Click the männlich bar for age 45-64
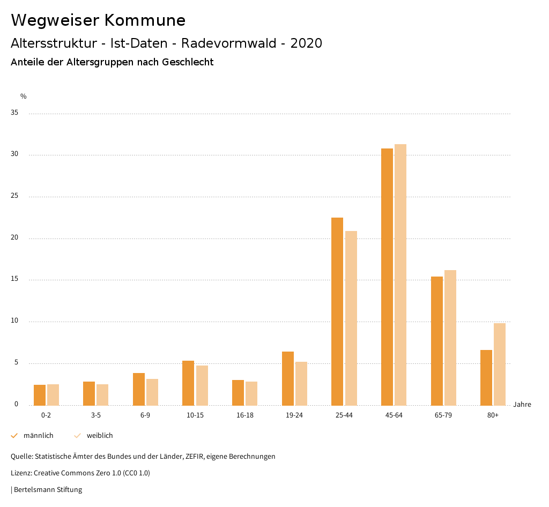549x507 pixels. coord(387,277)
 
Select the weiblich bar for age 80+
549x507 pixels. coord(500,364)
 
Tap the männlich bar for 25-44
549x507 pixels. coord(337,311)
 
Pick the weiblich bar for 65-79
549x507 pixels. coord(450,338)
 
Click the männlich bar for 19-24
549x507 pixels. coord(288,378)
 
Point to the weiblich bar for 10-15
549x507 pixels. coord(202,385)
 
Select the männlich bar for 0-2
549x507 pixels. coord(40,395)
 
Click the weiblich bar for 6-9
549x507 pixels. coord(152,392)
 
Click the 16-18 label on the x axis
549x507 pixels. coord(244,415)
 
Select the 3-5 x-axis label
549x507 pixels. coord(95,415)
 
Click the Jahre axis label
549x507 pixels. coord(522,405)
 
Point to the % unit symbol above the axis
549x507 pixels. coord(23,96)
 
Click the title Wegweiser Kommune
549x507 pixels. coord(98,20)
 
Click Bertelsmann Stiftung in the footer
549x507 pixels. coord(48,489)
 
